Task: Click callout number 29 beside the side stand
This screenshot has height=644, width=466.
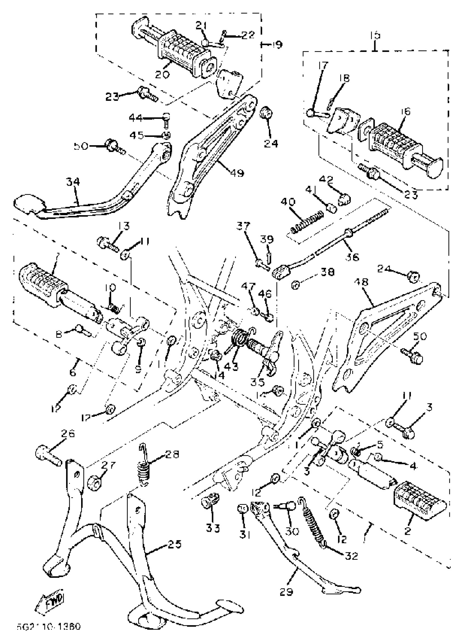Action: [286, 592]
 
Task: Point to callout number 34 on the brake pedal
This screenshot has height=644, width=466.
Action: [73, 182]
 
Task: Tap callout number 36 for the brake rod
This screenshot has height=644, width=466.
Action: [352, 257]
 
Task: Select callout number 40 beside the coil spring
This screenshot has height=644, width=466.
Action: [288, 202]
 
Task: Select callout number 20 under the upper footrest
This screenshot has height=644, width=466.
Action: [162, 74]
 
